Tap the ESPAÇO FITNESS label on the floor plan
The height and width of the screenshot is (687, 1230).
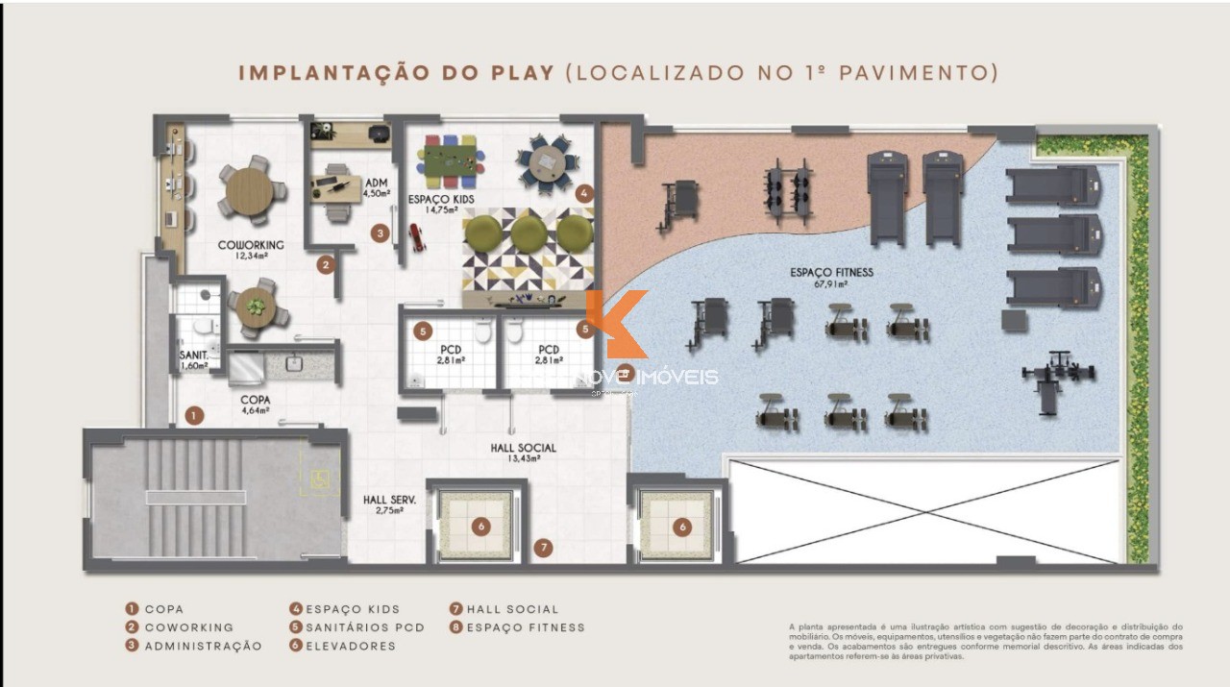click(x=831, y=278)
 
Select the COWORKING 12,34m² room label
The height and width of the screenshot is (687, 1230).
click(x=250, y=250)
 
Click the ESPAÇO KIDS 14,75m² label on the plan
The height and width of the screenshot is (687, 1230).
click(x=440, y=204)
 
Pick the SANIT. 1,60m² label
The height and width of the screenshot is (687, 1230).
click(x=193, y=359)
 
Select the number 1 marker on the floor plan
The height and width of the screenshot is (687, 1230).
click(x=195, y=416)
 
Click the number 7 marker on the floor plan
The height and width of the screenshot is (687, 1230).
click(x=544, y=548)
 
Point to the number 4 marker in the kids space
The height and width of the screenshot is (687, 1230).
click(x=584, y=193)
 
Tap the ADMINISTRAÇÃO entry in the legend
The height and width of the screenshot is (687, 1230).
click(x=194, y=646)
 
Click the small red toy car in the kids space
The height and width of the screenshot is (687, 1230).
click(x=417, y=236)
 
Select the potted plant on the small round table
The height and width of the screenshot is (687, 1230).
click(x=256, y=307)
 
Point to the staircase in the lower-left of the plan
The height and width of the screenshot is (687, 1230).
click(x=195, y=497)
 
